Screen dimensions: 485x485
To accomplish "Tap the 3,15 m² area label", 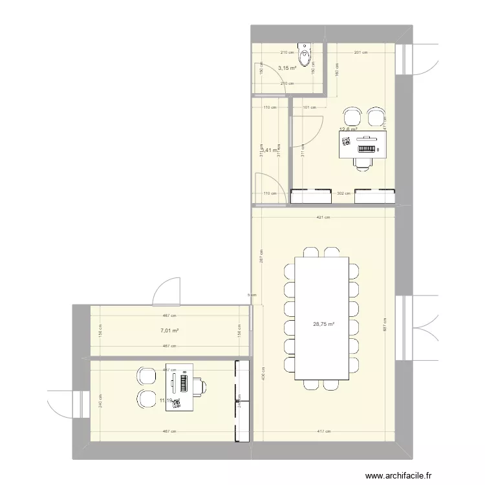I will tap(287, 68).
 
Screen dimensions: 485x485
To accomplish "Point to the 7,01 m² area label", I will tap(169, 330).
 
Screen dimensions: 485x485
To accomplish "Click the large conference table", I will tap(322, 318).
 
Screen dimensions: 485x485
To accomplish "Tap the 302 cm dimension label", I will tap(343, 193).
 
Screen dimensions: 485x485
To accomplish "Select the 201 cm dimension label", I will tap(361, 53).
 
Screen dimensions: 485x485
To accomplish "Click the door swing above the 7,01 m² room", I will tap(166, 290).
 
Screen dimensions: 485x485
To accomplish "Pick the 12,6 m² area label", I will tap(349, 129).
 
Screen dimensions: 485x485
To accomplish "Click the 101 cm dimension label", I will tap(309, 107).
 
